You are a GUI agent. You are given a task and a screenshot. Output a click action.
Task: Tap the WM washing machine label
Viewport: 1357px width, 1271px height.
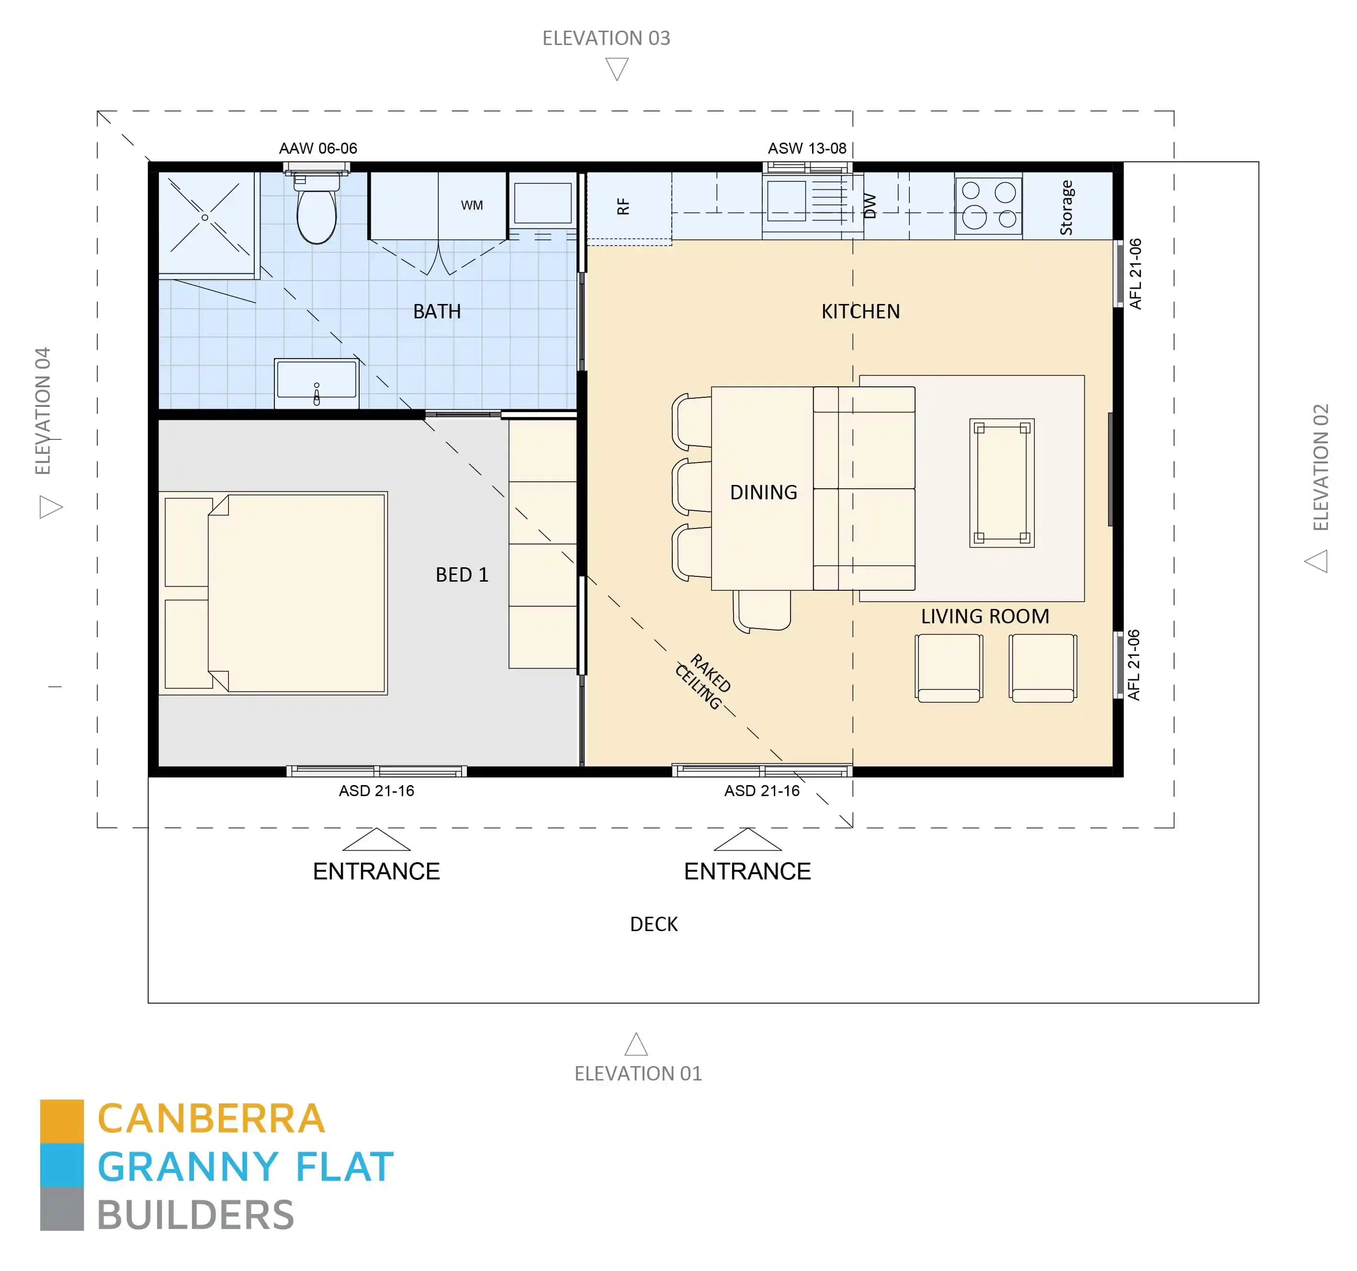472,205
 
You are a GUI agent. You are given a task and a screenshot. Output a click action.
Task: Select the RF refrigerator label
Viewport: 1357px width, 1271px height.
622,206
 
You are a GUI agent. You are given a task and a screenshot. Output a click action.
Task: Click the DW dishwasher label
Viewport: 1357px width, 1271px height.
870,205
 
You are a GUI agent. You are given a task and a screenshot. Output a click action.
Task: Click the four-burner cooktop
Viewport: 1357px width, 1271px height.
988,205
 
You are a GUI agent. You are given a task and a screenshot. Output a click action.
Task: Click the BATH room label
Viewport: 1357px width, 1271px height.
437,312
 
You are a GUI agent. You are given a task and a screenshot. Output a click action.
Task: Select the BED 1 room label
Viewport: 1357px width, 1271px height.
462,575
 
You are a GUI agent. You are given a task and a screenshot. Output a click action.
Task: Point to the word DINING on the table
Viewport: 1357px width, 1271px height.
763,492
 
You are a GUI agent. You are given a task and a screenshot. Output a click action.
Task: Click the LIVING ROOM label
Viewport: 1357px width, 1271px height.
984,617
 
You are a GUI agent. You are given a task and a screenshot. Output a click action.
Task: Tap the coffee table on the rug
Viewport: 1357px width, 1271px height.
1001,483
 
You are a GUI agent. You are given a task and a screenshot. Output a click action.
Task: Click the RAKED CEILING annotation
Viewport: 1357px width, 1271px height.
703,681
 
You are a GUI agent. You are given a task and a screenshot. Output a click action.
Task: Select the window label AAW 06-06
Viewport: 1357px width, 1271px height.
318,148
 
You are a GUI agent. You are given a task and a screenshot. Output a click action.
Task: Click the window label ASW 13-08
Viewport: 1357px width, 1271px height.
807,148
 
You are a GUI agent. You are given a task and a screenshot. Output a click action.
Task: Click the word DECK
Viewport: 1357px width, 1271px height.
653,924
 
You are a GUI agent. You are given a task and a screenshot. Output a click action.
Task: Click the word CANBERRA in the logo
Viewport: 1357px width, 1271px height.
212,1119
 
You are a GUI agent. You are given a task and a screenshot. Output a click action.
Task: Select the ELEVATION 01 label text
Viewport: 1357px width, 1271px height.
637,1074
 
